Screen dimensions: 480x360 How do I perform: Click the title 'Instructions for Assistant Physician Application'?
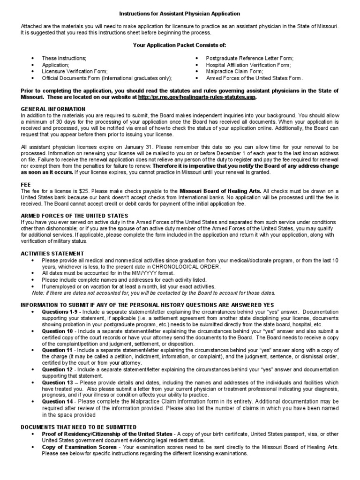point(180,14)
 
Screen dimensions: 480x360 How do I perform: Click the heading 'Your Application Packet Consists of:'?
point(180,45)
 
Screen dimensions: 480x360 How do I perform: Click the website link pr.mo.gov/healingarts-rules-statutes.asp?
point(197,97)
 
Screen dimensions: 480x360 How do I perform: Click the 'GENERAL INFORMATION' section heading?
point(53,109)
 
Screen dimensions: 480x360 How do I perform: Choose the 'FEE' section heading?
point(26,185)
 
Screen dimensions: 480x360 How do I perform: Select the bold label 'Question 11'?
point(57,350)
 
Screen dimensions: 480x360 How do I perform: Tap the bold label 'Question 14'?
point(58,401)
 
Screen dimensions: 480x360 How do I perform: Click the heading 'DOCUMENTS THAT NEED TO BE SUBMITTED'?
point(79,427)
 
